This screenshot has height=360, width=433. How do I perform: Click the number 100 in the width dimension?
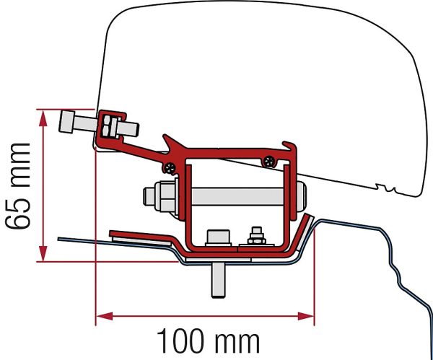coord(183,341)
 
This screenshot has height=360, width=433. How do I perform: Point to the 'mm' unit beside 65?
coord(20,164)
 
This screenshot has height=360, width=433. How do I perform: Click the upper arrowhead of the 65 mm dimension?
coord(43,119)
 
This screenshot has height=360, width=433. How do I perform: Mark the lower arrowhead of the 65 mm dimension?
coord(43,253)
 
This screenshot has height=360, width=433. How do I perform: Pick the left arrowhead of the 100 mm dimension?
coord(105,316)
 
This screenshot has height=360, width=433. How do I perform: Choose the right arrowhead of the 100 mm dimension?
coord(306,316)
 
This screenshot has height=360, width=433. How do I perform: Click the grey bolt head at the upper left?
coord(66,122)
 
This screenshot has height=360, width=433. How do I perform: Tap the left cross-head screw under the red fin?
coord(170,167)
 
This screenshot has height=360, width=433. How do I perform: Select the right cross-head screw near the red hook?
coord(269,161)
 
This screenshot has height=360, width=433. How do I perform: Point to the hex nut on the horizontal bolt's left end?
coord(164,196)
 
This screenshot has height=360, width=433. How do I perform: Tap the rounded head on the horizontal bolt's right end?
coord(301,196)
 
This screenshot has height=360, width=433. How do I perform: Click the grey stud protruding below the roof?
coord(219,279)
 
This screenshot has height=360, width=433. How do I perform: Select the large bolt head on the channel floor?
coord(218,238)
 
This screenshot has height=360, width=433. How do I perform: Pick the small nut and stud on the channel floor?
coord(256,237)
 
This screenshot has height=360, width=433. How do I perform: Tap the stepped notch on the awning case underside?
coord(386,188)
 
